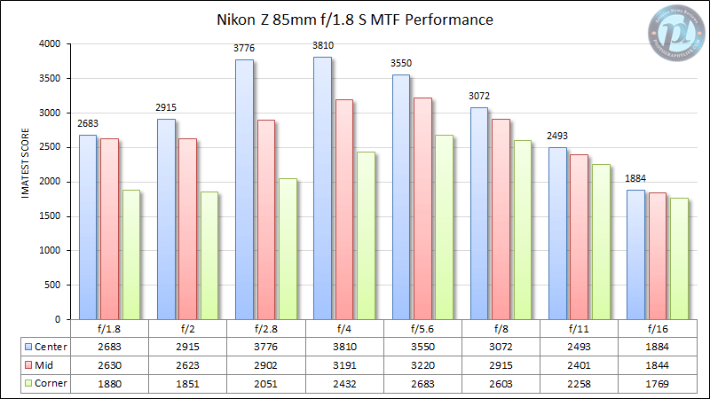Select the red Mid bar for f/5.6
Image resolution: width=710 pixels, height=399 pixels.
pyautogui.click(x=422, y=208)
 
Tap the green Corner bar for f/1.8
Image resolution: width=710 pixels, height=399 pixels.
pyautogui.click(x=130, y=254)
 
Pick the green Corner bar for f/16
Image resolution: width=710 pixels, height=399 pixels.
pyautogui.click(x=678, y=258)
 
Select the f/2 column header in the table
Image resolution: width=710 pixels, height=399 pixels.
pyautogui.click(x=187, y=327)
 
